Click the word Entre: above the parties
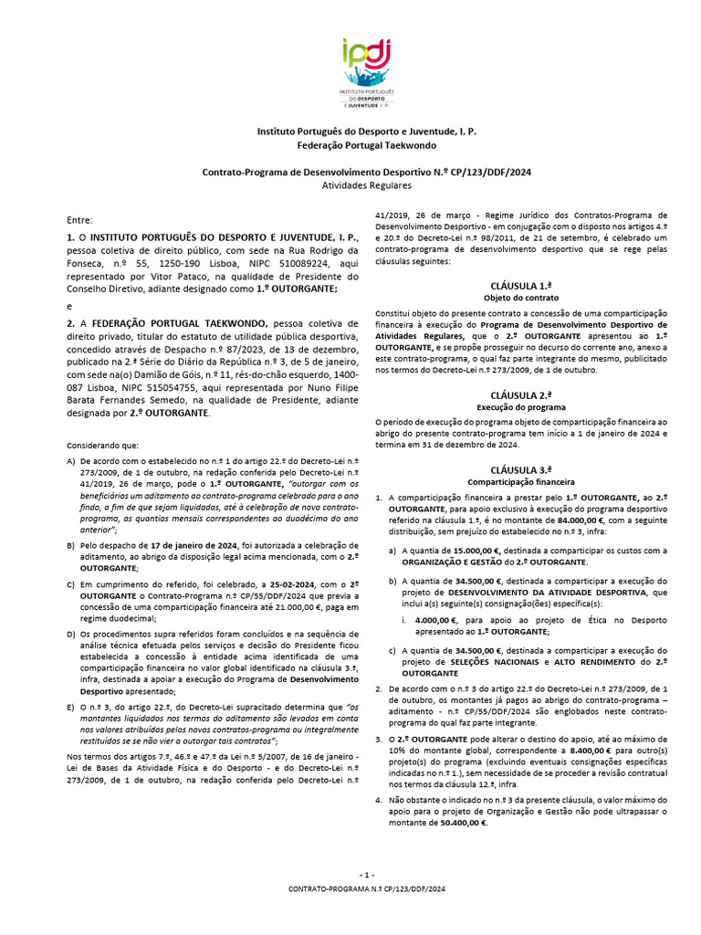[x=79, y=220]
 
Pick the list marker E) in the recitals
[x=71, y=706]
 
